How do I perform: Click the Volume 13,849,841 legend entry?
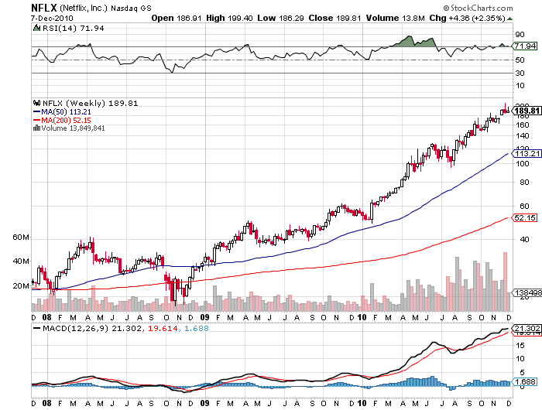(x=70, y=128)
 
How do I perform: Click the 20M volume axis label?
(x=21, y=285)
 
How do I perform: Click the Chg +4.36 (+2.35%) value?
(x=481, y=17)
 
